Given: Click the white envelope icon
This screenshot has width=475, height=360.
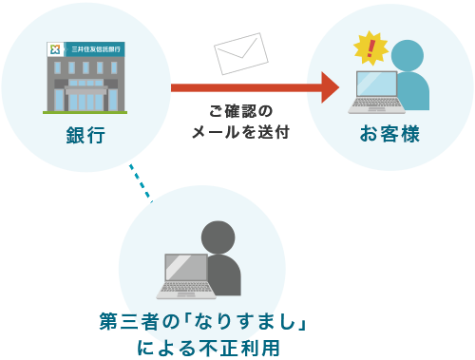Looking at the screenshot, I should [239, 53].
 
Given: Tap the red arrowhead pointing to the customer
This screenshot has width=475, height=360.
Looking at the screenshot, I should [330, 87].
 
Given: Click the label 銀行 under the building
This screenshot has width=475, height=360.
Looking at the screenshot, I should [85, 136].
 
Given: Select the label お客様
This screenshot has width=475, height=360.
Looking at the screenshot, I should [389, 135].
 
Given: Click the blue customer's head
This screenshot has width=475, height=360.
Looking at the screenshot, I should [408, 55].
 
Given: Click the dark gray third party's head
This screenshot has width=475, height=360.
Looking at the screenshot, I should [218, 237].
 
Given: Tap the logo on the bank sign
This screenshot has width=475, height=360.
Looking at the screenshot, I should [56, 48].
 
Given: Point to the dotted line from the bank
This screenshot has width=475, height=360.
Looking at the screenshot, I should [140, 180].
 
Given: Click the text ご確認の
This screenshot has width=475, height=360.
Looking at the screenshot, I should [240, 112].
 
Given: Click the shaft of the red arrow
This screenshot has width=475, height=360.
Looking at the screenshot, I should [247, 87].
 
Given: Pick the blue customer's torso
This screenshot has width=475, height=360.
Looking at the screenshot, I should [414, 90].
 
